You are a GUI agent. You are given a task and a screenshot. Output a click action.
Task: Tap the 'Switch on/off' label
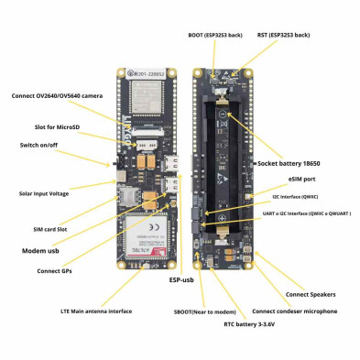pyautogui.click(x=43, y=145)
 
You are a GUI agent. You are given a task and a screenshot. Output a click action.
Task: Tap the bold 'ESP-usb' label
pyautogui.click(x=183, y=279)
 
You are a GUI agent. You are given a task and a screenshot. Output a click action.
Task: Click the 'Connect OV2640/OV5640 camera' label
pyautogui.click(x=64, y=95)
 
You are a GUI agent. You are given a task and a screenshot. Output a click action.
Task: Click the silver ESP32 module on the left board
pyautogui.click(x=143, y=92)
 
